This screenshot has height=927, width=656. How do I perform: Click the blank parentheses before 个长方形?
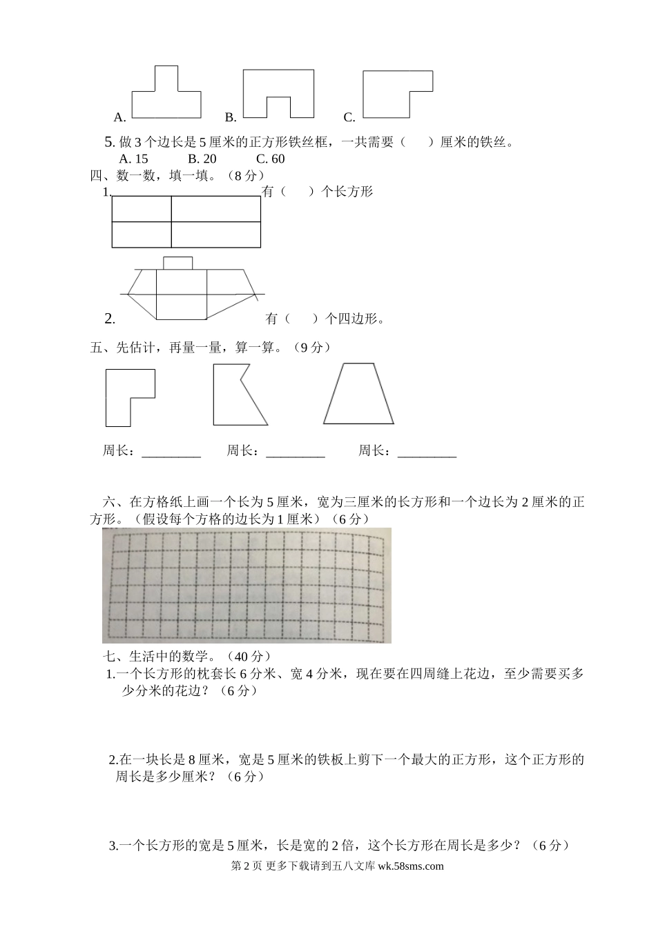coord(298,192)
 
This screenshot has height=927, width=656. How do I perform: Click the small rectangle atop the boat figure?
coord(177,262)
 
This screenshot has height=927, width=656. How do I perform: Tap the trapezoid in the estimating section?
coord(358,395)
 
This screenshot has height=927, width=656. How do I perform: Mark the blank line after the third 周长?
coord(427,452)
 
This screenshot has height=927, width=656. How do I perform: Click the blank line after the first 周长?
coord(171,452)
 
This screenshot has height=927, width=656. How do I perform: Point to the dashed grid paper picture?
coord(247,585)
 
